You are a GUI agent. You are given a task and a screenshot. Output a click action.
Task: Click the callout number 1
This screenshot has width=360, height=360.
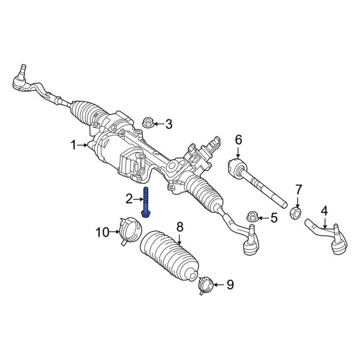(x=74, y=145)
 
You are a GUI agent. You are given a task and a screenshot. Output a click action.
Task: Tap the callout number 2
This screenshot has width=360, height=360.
(x=129, y=199)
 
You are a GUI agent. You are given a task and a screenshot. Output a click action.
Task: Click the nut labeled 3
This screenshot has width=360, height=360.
(x=147, y=124)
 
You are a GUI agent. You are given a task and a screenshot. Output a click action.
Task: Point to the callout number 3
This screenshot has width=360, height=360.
(x=169, y=125)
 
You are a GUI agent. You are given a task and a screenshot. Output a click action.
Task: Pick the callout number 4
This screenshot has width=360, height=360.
(x=324, y=211)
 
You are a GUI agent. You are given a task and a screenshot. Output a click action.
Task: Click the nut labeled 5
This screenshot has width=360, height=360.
(x=252, y=216)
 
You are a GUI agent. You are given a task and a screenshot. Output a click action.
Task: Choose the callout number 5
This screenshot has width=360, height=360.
(x=274, y=218)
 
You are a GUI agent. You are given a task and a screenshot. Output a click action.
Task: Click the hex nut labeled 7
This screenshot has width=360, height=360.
(x=295, y=213)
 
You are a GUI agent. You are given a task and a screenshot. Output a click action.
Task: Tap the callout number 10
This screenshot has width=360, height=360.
(x=103, y=232)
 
